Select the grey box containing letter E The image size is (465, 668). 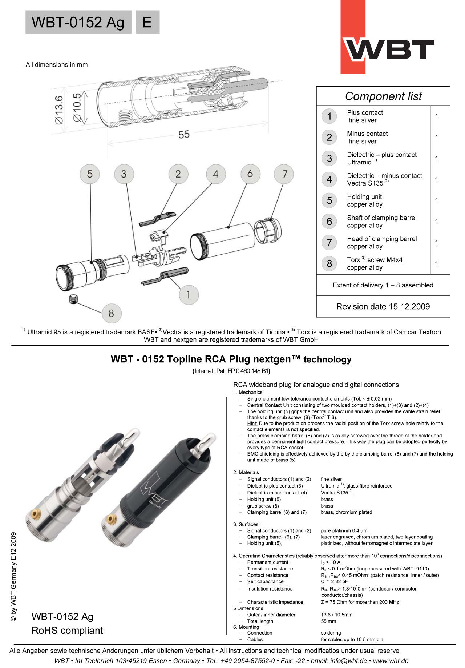click(147, 22)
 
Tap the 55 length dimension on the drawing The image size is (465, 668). click(184, 135)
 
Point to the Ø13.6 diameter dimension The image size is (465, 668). click(59, 110)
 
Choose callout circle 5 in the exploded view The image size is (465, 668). click(90, 174)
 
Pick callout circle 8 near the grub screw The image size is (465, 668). click(111, 313)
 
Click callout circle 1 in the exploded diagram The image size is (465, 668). click(189, 294)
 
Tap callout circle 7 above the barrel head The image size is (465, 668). click(285, 174)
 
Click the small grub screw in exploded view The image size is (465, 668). click(74, 299)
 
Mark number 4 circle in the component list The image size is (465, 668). click(329, 179)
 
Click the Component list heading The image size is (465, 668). click(383, 96)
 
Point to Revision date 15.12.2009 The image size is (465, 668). click(383, 307)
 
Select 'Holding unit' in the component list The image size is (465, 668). click(364, 197)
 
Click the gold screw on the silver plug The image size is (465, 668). click(35, 514)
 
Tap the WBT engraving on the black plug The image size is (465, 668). click(154, 489)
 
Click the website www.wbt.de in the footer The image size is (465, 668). click(391, 661)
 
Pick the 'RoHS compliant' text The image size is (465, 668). click(67, 631)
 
